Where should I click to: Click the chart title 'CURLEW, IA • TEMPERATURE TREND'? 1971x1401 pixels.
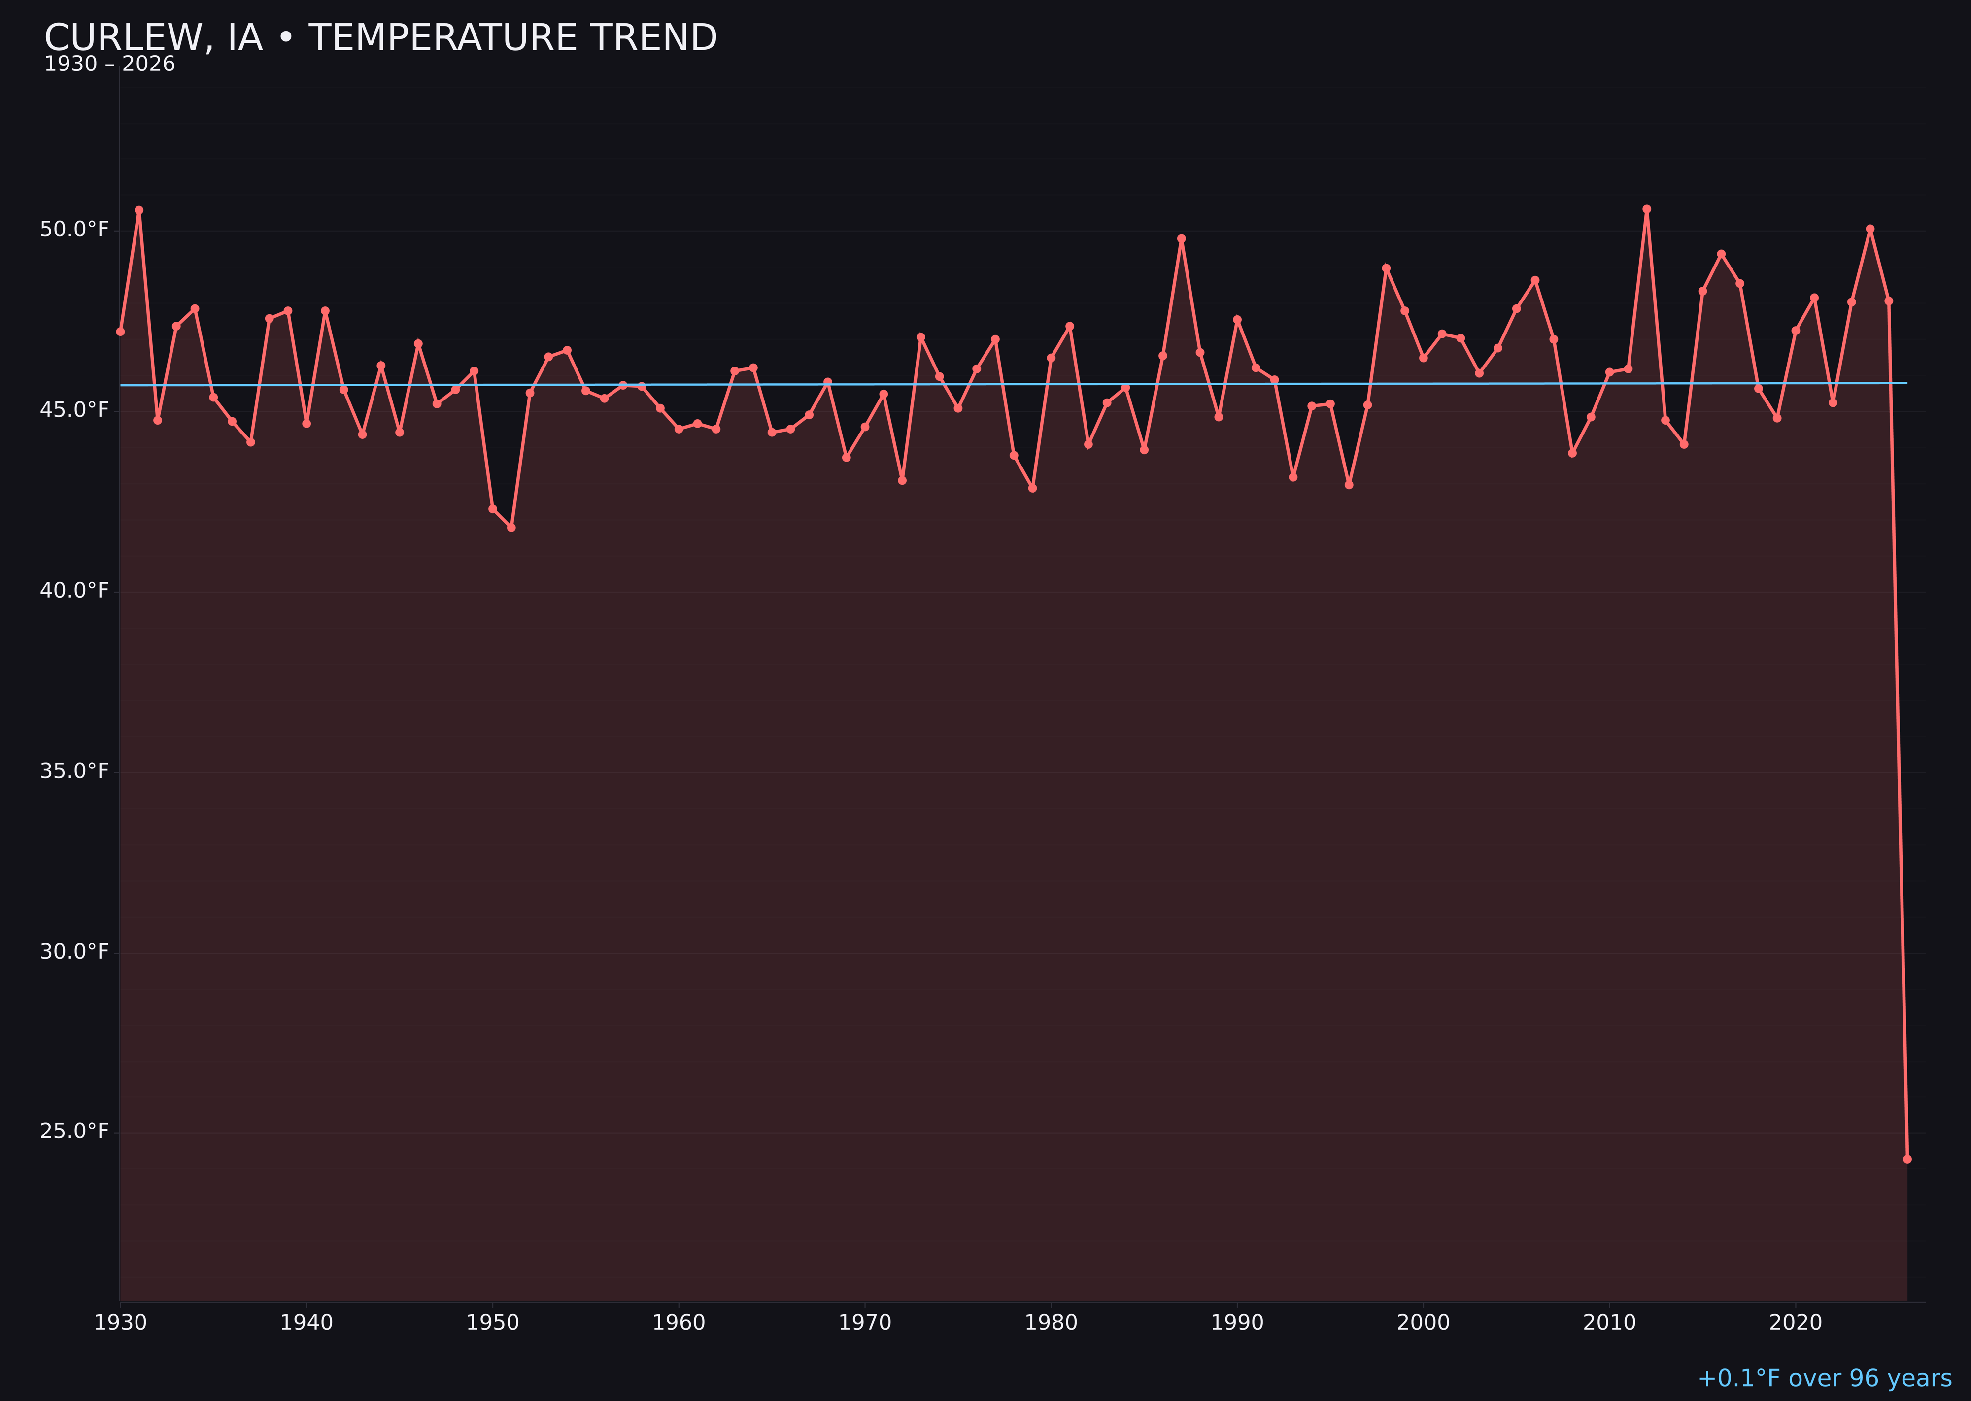(x=380, y=38)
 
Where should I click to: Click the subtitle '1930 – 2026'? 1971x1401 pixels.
(x=109, y=65)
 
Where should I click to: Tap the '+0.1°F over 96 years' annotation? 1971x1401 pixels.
(x=1824, y=1378)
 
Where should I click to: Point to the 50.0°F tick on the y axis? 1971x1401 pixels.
(x=74, y=230)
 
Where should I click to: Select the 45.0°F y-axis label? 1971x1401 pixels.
(x=74, y=410)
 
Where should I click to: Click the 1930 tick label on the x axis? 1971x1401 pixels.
(x=120, y=1323)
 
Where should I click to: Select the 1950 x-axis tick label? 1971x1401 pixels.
(x=493, y=1323)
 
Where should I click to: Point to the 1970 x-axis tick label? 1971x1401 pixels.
(x=865, y=1323)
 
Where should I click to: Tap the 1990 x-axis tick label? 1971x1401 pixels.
(x=1237, y=1323)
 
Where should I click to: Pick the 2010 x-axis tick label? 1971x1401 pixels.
(x=1609, y=1323)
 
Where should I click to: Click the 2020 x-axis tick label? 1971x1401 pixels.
(x=1795, y=1323)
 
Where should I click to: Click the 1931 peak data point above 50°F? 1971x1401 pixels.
(x=139, y=210)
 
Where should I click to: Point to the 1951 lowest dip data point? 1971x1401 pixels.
(x=511, y=527)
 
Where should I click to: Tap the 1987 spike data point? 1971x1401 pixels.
(x=1182, y=239)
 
